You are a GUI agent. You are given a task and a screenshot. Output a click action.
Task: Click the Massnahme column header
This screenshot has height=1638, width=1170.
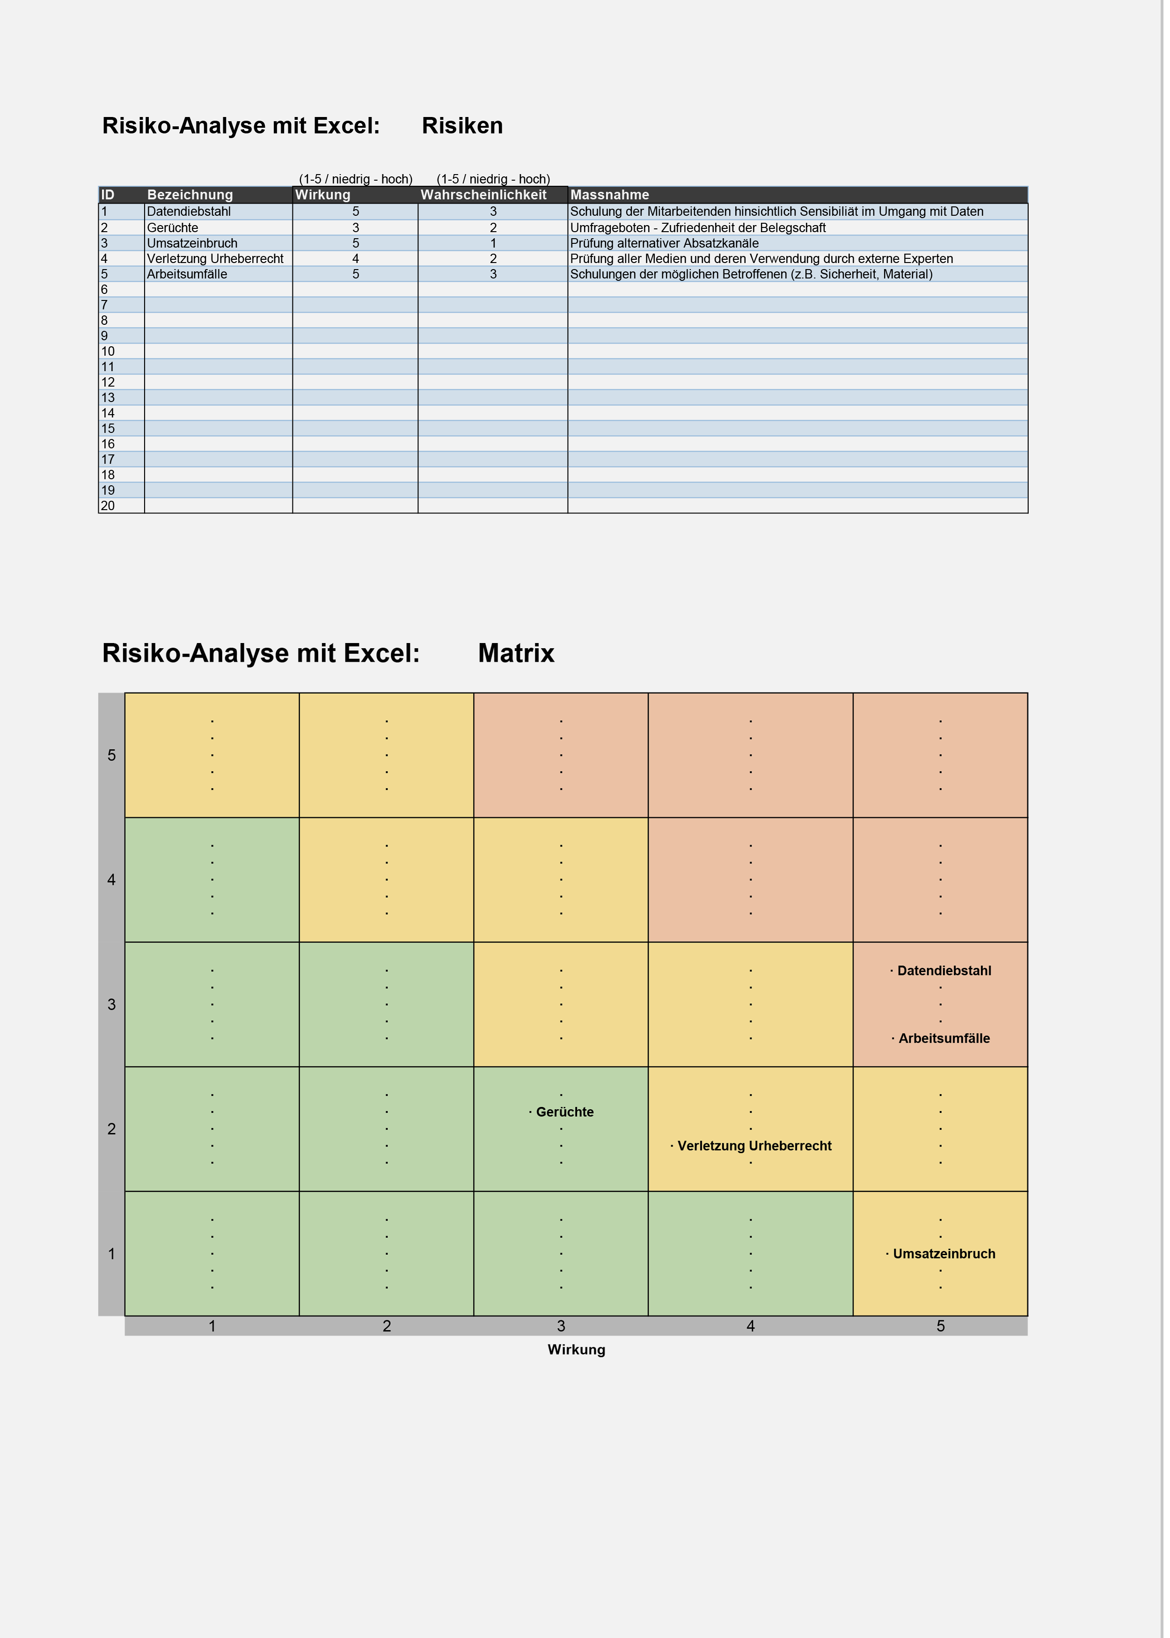609,195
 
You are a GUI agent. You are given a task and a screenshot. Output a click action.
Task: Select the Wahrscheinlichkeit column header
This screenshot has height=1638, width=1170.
483,195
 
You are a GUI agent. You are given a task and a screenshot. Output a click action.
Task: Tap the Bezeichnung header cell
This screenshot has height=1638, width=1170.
190,195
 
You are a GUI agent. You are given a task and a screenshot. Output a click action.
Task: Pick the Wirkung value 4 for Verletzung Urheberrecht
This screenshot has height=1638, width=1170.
355,259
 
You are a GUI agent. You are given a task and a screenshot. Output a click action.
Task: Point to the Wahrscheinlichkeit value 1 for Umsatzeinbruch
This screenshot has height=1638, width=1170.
493,243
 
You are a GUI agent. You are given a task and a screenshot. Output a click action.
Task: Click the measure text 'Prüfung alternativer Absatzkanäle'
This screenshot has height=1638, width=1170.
664,243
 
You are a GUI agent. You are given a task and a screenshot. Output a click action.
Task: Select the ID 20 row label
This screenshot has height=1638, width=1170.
108,505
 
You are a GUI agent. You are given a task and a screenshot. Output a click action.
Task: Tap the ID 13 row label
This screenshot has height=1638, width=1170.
108,398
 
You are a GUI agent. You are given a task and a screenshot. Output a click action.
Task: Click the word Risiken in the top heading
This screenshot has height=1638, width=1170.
462,125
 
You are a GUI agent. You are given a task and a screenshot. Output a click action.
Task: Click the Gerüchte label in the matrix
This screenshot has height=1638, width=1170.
565,1112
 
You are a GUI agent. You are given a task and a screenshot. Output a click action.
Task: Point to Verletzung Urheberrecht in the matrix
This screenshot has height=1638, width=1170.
754,1146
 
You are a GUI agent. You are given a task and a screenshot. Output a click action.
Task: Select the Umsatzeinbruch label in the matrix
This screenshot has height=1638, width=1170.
944,1254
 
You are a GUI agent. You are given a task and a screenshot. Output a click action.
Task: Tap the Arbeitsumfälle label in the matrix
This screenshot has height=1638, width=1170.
944,1038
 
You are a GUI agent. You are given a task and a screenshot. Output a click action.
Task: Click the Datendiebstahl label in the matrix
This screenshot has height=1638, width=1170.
944,971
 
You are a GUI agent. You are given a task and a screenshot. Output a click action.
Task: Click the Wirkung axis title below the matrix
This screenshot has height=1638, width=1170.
577,1350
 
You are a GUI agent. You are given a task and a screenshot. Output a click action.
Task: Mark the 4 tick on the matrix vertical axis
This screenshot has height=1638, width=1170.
112,879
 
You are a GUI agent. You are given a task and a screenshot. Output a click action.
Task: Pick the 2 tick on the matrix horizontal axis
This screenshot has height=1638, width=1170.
387,1326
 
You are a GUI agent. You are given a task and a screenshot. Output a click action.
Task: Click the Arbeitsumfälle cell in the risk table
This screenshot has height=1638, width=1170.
187,274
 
